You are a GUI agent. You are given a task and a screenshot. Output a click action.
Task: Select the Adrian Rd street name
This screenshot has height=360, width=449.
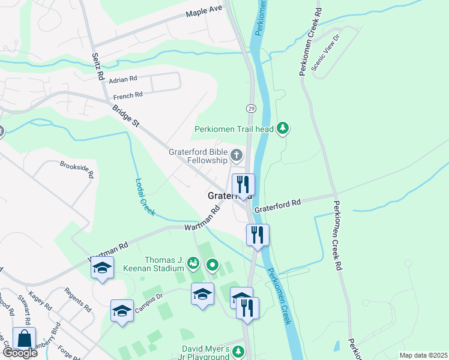tap(124, 79)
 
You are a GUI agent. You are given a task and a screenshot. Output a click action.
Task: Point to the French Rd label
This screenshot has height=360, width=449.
tap(127, 95)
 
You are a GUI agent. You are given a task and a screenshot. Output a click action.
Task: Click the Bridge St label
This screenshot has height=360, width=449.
tap(125, 115)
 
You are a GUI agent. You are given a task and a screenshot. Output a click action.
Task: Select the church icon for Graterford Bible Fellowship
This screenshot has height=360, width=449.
tap(237, 156)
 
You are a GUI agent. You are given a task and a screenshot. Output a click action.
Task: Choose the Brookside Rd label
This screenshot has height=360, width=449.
tap(76, 170)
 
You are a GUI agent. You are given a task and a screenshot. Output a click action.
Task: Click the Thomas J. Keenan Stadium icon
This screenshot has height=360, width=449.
tap(193, 262)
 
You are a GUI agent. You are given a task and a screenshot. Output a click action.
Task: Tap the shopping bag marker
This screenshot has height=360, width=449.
tap(24, 338)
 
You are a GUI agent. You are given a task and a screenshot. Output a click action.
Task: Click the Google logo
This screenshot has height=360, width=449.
tap(19, 353)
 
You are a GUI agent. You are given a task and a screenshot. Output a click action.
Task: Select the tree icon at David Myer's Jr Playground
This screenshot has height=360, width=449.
tap(238, 351)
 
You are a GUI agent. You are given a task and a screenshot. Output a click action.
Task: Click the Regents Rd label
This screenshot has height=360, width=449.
tap(79, 300)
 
